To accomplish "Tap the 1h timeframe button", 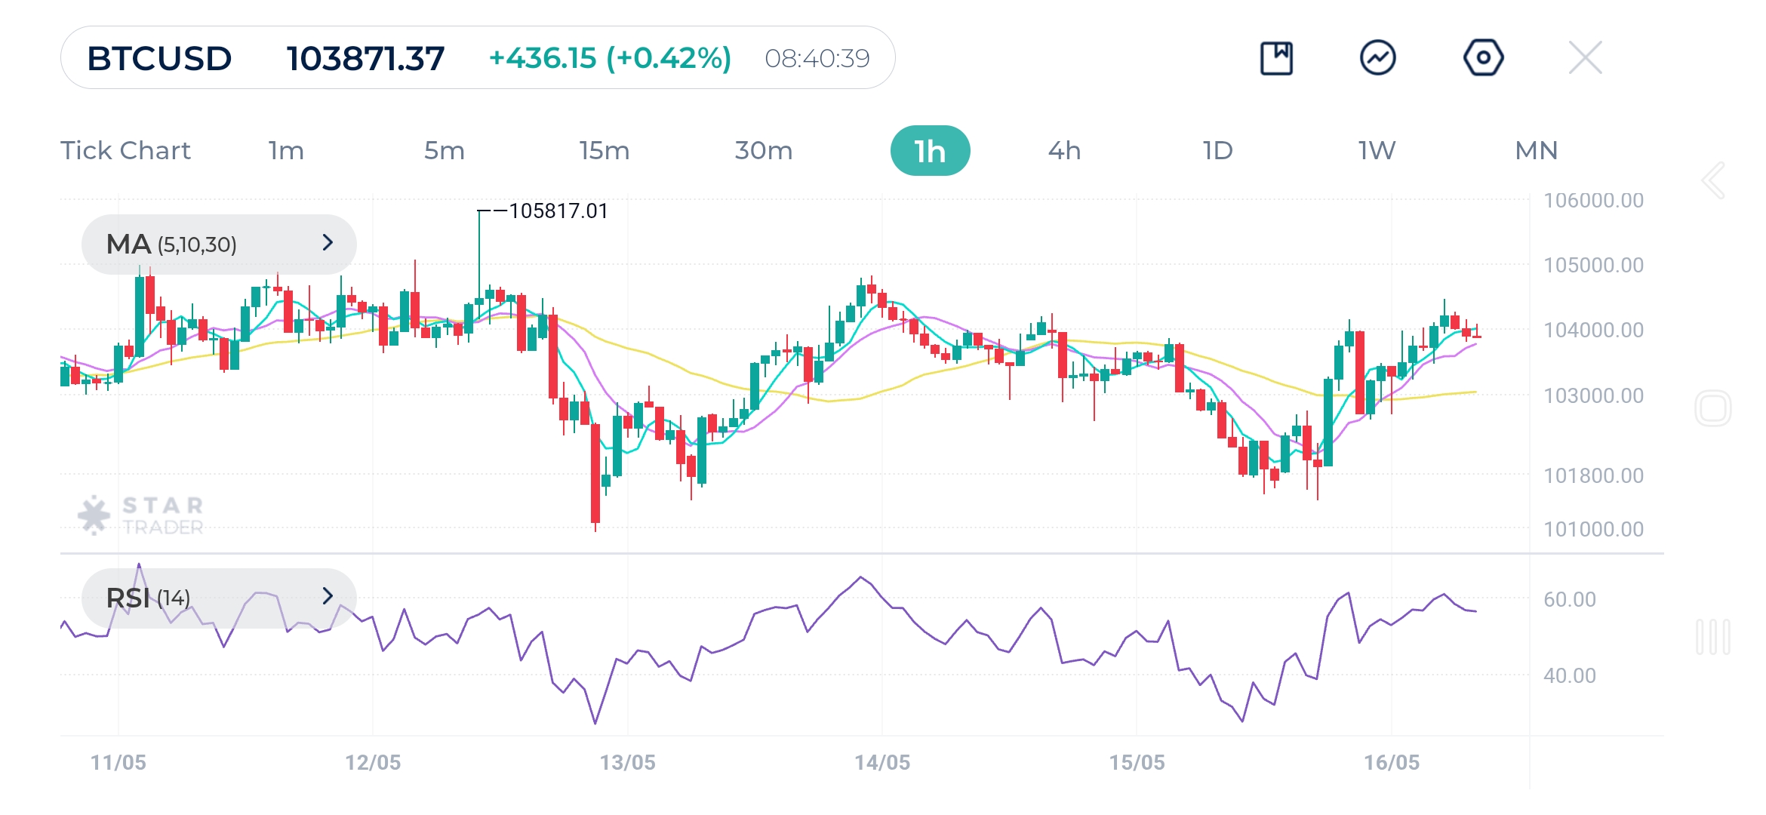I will (930, 151).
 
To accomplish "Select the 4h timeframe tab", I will (1064, 151).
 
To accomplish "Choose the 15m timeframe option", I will (604, 151).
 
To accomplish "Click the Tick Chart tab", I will (125, 151).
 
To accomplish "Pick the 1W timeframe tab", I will (1377, 151).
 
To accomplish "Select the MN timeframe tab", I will (1536, 151).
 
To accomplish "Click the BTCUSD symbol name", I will (159, 58).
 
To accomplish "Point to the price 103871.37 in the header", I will (365, 58).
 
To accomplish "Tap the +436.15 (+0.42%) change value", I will (610, 58).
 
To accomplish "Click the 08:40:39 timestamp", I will (817, 58).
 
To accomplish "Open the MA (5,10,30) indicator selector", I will (219, 244).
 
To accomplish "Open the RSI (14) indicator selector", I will (219, 598).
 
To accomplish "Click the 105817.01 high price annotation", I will (558, 211).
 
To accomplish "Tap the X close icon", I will (1585, 57).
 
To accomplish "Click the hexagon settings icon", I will (1483, 57).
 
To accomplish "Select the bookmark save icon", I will (1276, 58).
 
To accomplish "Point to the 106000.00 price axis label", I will (1593, 201).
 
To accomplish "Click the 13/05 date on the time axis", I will (627, 762).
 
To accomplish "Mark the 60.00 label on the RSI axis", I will (1570, 599).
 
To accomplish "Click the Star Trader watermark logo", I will (141, 515).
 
